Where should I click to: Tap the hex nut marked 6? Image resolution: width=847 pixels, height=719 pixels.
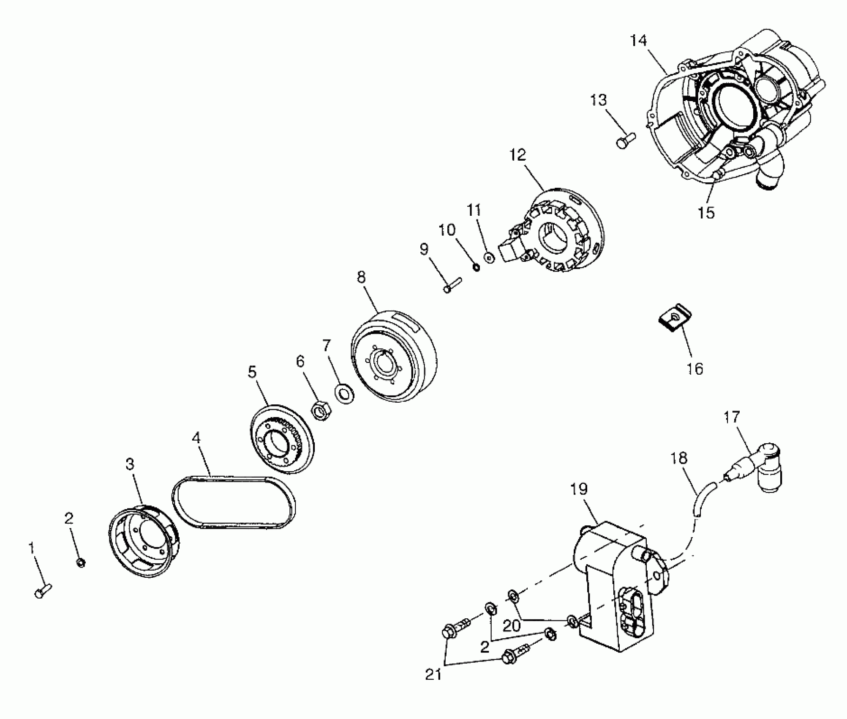(321, 411)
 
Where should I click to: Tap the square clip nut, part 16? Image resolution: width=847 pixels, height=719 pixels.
(675, 317)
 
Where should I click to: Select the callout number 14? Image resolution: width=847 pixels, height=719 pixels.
(638, 41)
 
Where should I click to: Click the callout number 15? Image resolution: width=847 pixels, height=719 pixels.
(706, 213)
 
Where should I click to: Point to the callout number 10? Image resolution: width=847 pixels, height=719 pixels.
(447, 230)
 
